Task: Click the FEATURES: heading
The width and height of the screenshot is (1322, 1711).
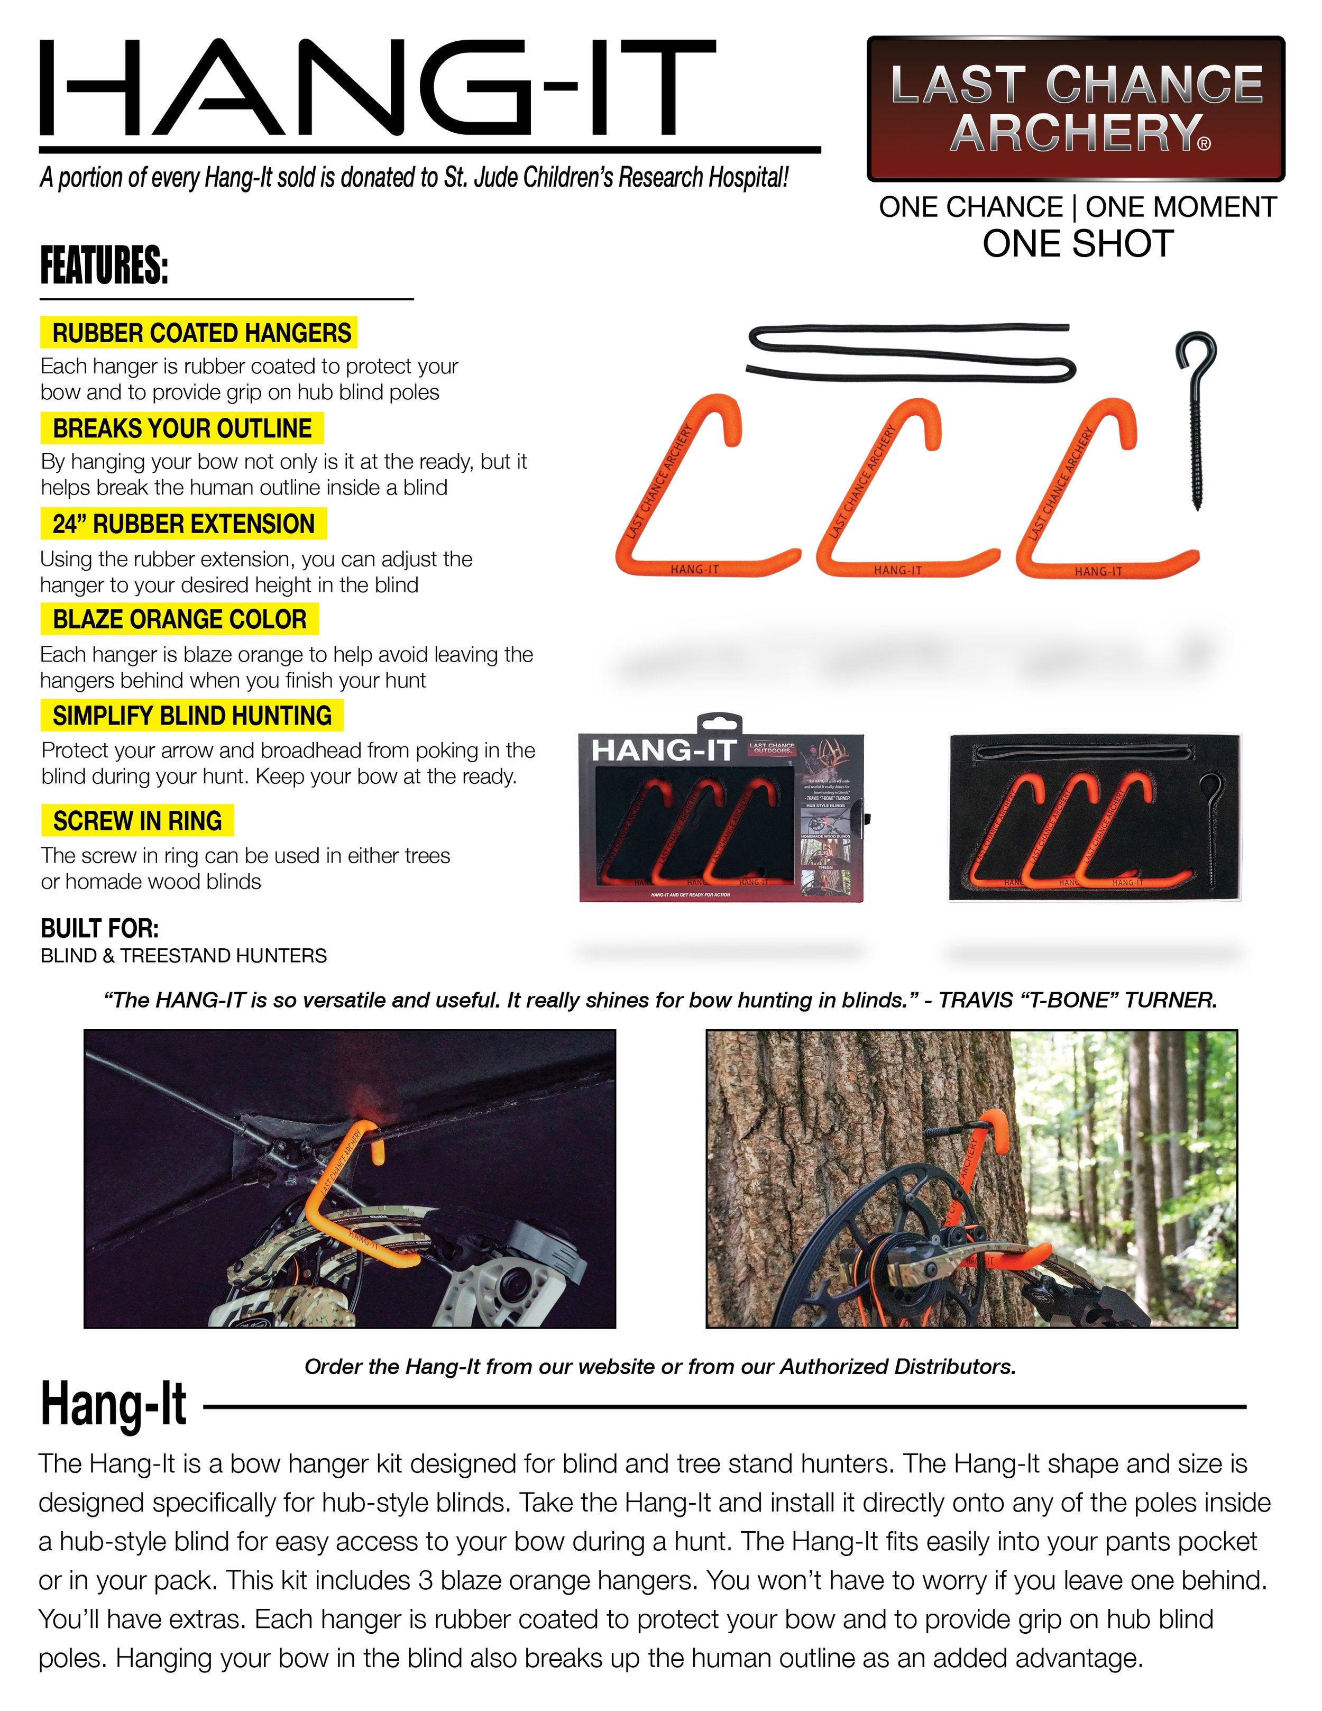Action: [x=104, y=267]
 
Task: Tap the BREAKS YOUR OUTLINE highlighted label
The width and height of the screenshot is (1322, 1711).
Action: [x=182, y=428]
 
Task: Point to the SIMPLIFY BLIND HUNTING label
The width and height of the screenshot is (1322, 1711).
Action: [x=192, y=715]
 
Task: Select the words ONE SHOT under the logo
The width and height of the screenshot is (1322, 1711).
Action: [x=1078, y=244]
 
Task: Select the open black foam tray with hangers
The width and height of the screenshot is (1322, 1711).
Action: [x=1095, y=817]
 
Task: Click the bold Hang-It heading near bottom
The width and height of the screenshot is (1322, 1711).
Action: [x=114, y=1405]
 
